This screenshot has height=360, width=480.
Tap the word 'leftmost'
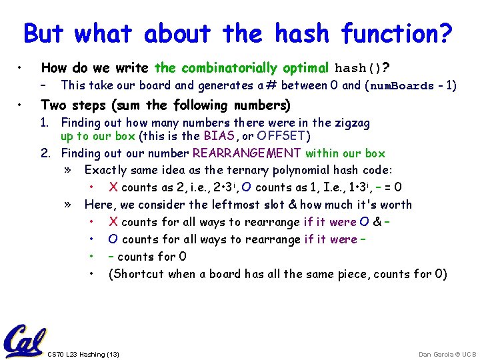click(x=217, y=205)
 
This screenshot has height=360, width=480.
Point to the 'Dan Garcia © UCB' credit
click(x=447, y=354)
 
